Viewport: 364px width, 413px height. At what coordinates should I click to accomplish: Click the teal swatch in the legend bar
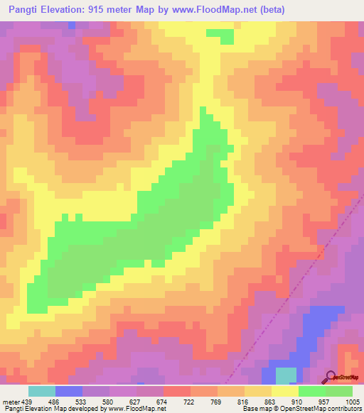click(x=42, y=391)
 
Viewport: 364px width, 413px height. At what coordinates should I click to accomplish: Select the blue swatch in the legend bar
click(x=69, y=391)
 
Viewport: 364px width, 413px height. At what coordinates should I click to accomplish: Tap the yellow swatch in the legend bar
click(x=284, y=391)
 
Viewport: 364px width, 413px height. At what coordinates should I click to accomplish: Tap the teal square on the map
click(x=286, y=376)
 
